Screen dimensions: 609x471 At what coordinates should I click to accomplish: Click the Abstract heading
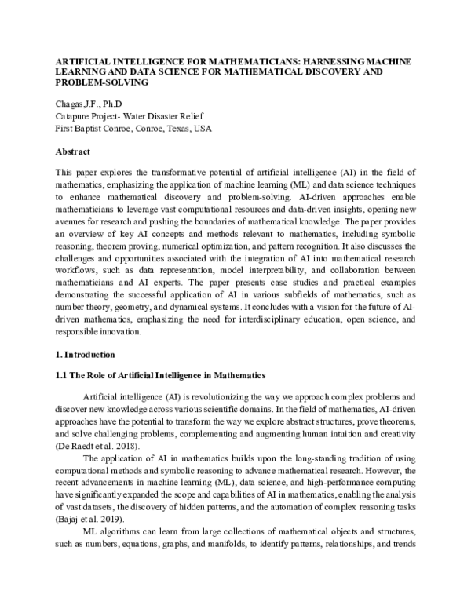pyautogui.click(x=73, y=150)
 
